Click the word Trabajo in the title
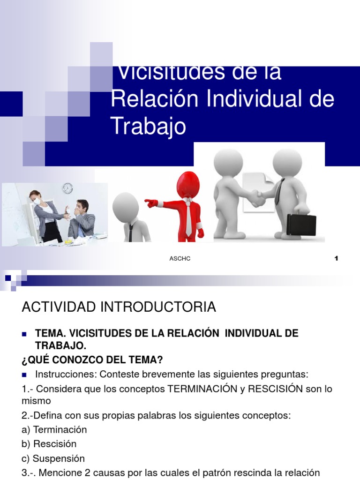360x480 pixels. pyautogui.click(x=148, y=126)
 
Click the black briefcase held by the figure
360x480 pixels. pyautogui.click(x=301, y=225)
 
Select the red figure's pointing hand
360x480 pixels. pyautogui.click(x=151, y=203)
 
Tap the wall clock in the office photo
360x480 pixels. pyautogui.click(x=67, y=188)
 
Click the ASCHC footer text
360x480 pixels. pyautogui.click(x=180, y=259)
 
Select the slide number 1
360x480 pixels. pyautogui.click(x=336, y=259)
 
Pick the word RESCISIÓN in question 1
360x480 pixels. pyautogui.click(x=271, y=389)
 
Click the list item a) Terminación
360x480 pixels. pyautogui.click(x=54, y=429)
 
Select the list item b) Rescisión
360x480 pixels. pyautogui.click(x=49, y=443)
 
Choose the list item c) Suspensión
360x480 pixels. pyautogui.click(x=53, y=458)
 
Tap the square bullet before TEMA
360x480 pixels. pyautogui.click(x=25, y=334)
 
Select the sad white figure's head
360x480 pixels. pyautogui.click(x=126, y=205)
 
